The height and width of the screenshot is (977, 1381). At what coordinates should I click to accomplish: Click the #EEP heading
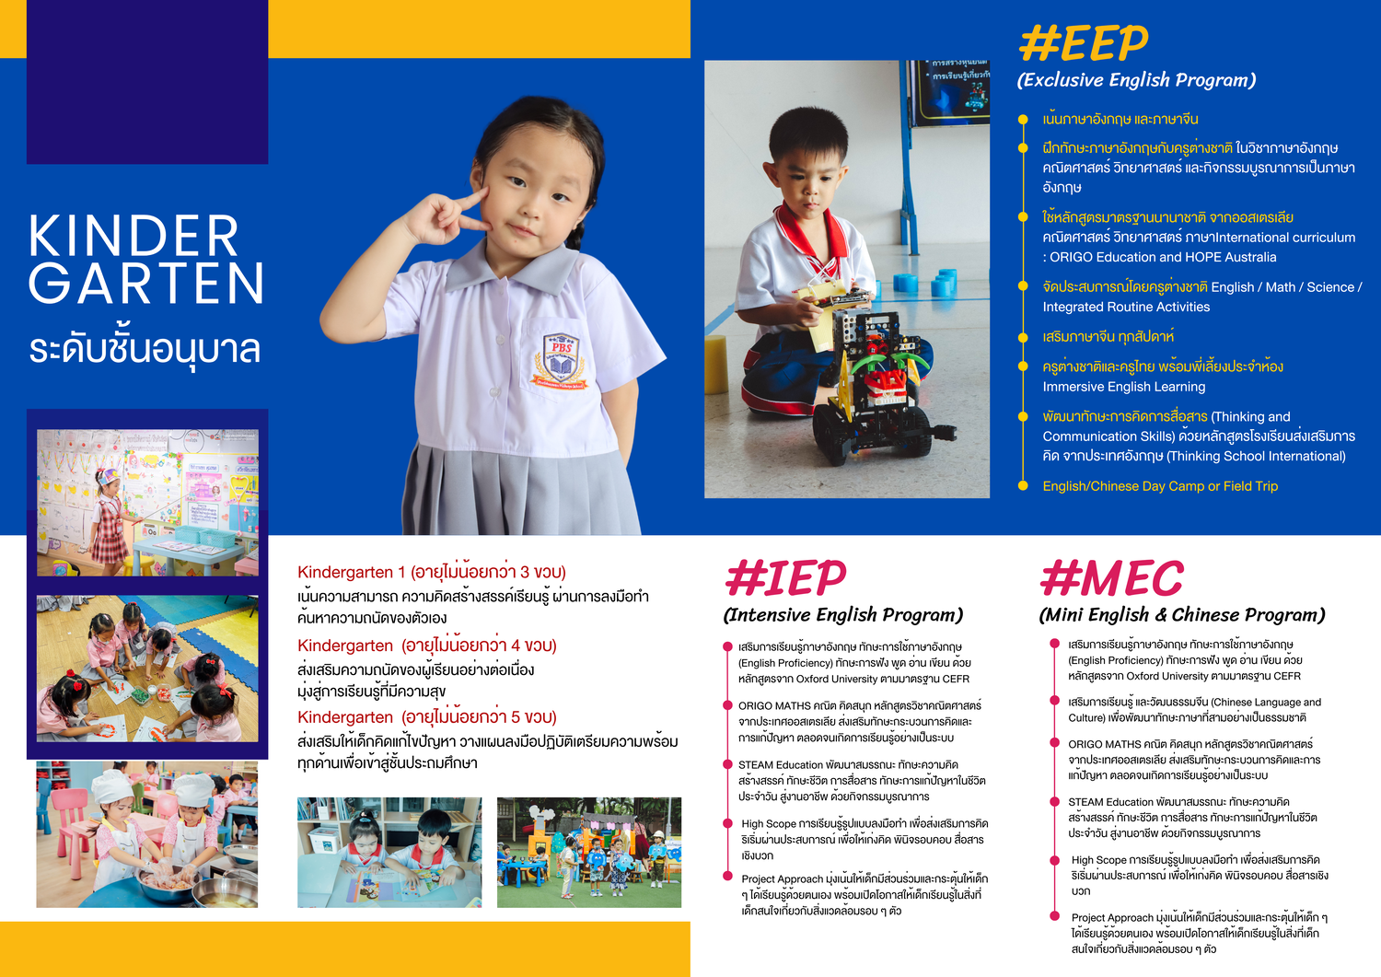click(x=1084, y=43)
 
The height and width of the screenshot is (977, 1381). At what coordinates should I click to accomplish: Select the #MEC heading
click(x=1111, y=578)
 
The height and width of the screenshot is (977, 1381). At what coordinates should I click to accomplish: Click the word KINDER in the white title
click(x=133, y=236)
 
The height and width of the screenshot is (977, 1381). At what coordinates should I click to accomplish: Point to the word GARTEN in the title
click(x=146, y=283)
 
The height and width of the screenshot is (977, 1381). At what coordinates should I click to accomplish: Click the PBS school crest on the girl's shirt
click(x=560, y=362)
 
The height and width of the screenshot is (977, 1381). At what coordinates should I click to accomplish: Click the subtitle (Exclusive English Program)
click(x=1136, y=80)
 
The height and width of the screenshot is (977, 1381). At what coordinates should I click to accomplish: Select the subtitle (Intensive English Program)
click(x=842, y=615)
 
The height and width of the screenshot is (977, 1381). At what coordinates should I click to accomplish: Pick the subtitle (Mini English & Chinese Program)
click(x=1182, y=615)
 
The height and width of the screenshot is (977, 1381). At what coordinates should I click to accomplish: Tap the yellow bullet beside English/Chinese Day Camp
click(x=1023, y=485)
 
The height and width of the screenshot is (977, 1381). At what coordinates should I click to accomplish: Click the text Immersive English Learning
click(x=1124, y=387)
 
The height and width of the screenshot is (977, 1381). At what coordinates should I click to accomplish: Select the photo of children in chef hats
click(x=146, y=834)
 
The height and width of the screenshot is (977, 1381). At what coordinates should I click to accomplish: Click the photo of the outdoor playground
click(x=589, y=853)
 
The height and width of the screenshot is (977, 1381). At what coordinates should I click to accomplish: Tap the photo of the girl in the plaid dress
click(x=147, y=503)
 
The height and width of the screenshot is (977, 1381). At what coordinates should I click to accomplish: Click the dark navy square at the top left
click(x=147, y=81)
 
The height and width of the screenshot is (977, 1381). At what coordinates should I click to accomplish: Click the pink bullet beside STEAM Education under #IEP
click(x=727, y=765)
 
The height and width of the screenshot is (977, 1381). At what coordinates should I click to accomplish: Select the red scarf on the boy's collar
click(x=814, y=238)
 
